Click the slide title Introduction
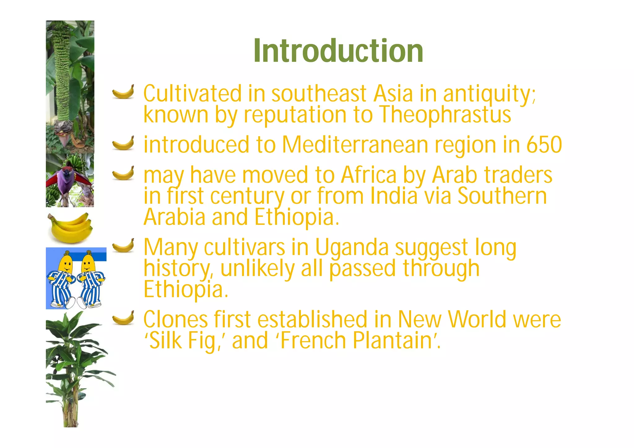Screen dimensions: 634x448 (338, 51)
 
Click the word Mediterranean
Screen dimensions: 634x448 (355, 145)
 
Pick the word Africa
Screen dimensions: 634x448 (369, 175)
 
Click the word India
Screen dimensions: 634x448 (394, 196)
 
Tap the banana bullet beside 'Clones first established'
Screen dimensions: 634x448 (123, 318)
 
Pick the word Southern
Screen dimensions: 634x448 (502, 196)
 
